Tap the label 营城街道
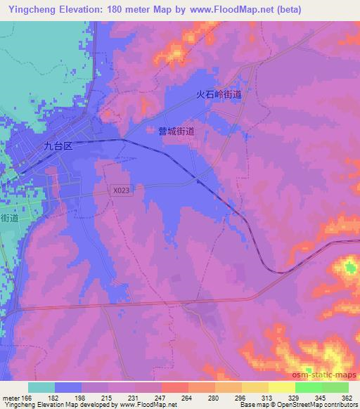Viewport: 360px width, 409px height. pyautogui.click(x=176, y=131)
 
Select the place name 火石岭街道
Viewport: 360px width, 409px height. pyautogui.click(x=219, y=93)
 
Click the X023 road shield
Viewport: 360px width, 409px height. pyautogui.click(x=120, y=190)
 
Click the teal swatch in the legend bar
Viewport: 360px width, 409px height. pyautogui.click(x=41, y=387)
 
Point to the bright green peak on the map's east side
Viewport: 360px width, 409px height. pyautogui.click(x=350, y=267)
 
